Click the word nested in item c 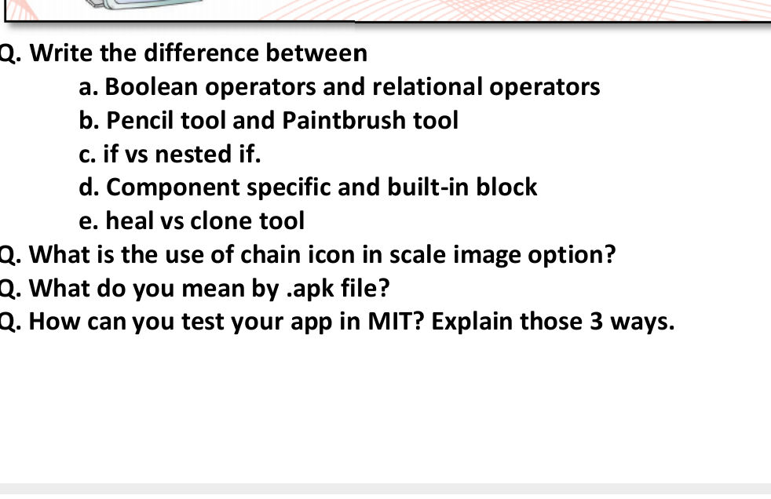191,155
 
